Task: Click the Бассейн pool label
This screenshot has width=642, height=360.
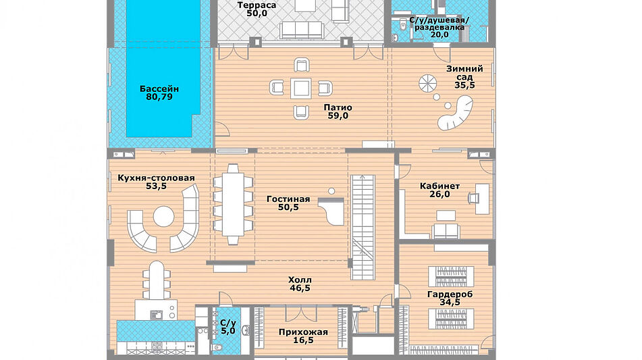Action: click(x=159, y=89)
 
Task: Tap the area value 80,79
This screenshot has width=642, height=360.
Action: click(x=159, y=97)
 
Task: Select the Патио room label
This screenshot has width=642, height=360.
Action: click(x=338, y=107)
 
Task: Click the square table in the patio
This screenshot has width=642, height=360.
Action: click(x=301, y=88)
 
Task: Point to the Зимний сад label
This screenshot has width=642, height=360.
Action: click(x=464, y=73)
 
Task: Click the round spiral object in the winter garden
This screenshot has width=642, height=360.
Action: click(x=428, y=84)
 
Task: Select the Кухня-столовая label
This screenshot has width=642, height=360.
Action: click(x=156, y=178)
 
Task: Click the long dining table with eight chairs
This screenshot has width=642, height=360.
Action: click(x=233, y=205)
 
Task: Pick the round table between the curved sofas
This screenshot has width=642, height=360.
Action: click(x=164, y=216)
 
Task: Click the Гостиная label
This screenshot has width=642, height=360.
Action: click(x=288, y=199)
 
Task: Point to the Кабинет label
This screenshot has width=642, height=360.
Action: click(x=439, y=186)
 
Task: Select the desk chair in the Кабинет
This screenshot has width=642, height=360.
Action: click(x=474, y=198)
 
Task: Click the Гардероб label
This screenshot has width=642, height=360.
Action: click(x=450, y=294)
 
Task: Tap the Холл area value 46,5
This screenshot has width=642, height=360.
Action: click(x=300, y=288)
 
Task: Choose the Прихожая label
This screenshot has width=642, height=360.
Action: click(x=303, y=332)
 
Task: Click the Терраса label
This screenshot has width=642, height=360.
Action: click(x=257, y=5)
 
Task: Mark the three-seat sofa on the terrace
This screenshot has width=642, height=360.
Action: click(x=302, y=30)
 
